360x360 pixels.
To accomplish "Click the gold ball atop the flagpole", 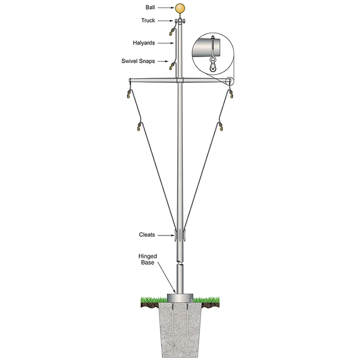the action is click(x=180, y=9).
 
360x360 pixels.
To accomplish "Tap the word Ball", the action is click(x=150, y=7).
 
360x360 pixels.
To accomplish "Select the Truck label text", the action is click(x=148, y=21).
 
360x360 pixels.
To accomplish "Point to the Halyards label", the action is click(x=144, y=43).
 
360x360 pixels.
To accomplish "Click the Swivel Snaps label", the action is click(x=138, y=61).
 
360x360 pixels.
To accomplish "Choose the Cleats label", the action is click(x=147, y=235).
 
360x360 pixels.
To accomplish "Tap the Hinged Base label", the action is click(x=148, y=259).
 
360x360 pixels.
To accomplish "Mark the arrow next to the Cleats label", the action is click(x=166, y=235).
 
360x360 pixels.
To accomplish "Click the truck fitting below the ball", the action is click(x=180, y=21).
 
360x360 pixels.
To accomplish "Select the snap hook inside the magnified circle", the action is click(x=213, y=65).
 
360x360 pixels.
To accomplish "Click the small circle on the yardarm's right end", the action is click(x=229, y=81).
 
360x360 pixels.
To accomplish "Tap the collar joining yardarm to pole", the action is click(x=180, y=81).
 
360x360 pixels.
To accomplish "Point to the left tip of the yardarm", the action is click(x=129, y=80).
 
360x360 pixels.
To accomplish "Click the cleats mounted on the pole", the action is click(x=180, y=235).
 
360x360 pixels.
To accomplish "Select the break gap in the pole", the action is click(x=180, y=263).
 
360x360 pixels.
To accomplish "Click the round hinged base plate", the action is click(x=180, y=298).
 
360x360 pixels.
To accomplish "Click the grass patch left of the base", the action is click(x=154, y=300).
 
